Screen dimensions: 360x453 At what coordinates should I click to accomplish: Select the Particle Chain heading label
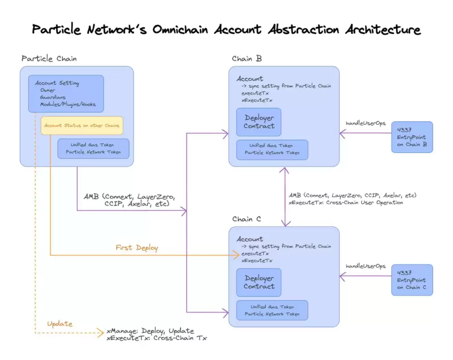(x=49, y=59)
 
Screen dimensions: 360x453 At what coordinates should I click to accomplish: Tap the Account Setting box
(x=66, y=93)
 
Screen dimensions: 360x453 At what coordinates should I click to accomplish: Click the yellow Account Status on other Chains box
(x=82, y=125)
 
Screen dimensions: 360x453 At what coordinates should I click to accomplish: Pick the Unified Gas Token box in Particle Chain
(x=93, y=148)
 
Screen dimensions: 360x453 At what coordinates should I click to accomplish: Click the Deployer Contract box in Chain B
(x=259, y=122)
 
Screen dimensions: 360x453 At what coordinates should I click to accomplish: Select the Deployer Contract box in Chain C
(x=259, y=282)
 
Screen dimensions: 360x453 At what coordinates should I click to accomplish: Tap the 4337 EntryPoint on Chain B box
(x=412, y=137)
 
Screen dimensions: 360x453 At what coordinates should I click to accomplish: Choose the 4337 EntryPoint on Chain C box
(x=412, y=280)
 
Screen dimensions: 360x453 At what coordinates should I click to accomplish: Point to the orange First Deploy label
(x=137, y=248)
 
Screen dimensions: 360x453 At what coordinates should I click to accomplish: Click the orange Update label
(x=60, y=324)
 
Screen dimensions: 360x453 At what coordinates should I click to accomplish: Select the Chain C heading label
(x=246, y=219)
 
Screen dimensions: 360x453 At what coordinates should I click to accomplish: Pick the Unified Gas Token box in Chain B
(x=272, y=149)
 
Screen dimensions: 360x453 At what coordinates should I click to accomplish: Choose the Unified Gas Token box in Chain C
(x=272, y=310)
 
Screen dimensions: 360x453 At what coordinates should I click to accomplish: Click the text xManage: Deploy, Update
(x=150, y=331)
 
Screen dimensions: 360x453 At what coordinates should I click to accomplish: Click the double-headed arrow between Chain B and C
(x=284, y=197)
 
